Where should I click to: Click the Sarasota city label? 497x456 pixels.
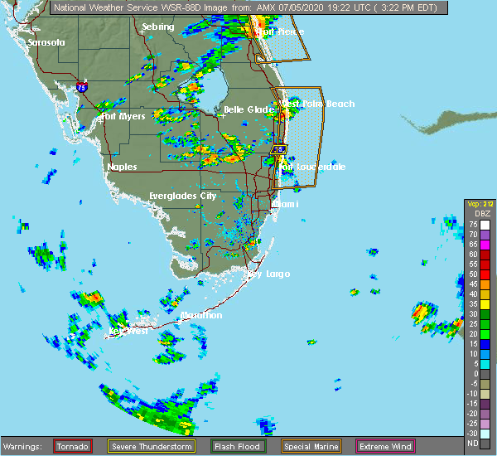pyautogui.click(x=46, y=42)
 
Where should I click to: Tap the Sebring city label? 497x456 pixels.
pyautogui.click(x=157, y=27)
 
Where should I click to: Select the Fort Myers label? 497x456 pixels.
pyautogui.click(x=123, y=117)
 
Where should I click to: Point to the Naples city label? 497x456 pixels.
pyautogui.click(x=122, y=167)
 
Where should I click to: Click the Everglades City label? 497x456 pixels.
pyautogui.click(x=182, y=196)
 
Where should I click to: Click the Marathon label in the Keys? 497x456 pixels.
pyautogui.click(x=201, y=315)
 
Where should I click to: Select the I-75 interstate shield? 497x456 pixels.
pyautogui.click(x=81, y=86)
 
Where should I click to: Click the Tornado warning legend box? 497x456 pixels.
pyautogui.click(x=74, y=446)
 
